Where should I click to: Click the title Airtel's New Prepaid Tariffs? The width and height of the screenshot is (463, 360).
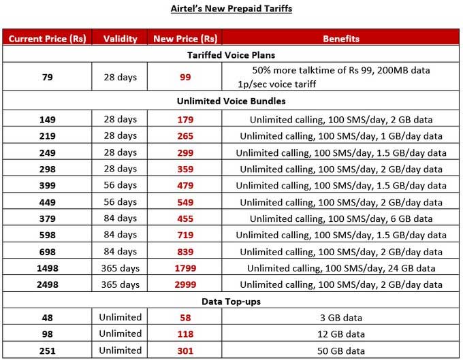(231, 10)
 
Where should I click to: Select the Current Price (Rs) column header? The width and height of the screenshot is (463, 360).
(47, 39)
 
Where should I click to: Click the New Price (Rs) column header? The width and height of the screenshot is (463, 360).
(185, 39)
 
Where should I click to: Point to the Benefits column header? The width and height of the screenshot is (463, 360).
(341, 39)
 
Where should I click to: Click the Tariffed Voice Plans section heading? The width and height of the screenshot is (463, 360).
(231, 54)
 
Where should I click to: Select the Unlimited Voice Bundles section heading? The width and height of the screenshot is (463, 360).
(231, 101)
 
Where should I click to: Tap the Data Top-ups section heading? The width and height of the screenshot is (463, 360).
(231, 301)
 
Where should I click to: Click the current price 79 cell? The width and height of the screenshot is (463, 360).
(47, 77)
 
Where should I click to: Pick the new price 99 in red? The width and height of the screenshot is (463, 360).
(185, 77)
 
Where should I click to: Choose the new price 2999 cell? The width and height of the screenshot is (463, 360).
(185, 284)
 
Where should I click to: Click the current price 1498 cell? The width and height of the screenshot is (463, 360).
(47, 268)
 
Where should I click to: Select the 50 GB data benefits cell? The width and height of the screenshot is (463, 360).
(341, 350)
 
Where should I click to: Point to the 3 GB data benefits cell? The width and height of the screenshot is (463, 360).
(341, 317)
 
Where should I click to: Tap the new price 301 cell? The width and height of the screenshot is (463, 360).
(185, 350)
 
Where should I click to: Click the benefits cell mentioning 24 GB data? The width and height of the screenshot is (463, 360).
(341, 268)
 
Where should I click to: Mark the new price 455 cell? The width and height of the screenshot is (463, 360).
(185, 218)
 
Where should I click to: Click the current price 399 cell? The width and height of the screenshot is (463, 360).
(47, 185)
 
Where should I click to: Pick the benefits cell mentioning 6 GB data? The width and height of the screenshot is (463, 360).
(341, 218)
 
